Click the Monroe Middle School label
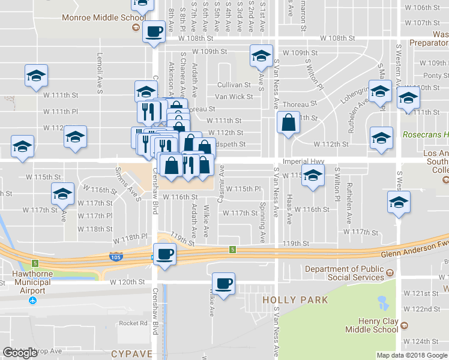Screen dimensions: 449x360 pos(100,18)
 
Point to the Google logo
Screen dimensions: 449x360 pos(20,353)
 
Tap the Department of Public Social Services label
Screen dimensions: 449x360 pos(345,273)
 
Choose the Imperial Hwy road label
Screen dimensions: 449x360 pos(305,161)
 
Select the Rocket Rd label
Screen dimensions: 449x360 pos(133,323)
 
